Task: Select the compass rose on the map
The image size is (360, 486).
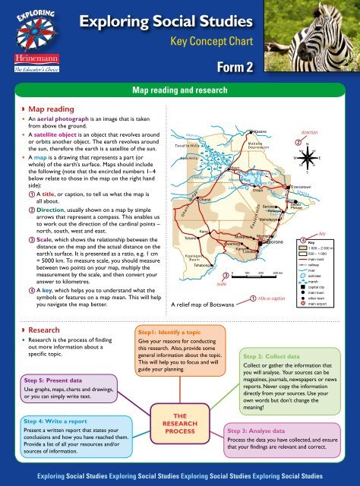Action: pos(308,157)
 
